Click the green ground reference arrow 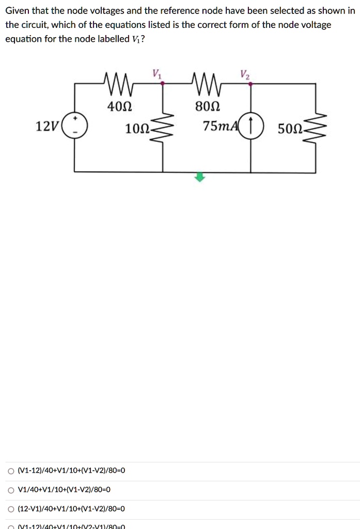pyautogui.click(x=200, y=177)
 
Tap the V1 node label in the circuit pyautogui.click(x=157, y=73)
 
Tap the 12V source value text pyautogui.click(x=46, y=127)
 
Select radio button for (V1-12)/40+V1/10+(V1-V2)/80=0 pyautogui.click(x=11, y=471)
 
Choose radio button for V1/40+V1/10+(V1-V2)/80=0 pyautogui.click(x=11, y=490)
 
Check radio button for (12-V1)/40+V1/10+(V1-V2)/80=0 pyautogui.click(x=11, y=509)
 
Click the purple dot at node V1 pyautogui.click(x=163, y=83)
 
